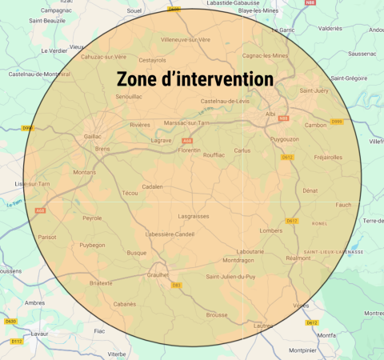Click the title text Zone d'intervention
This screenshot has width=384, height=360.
(x=195, y=80)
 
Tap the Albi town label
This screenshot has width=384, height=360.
(x=270, y=114)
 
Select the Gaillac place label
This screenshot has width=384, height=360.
(x=93, y=137)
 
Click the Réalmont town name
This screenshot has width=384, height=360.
(x=298, y=258)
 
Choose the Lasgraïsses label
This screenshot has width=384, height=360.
(x=194, y=216)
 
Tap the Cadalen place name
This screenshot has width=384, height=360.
(x=152, y=186)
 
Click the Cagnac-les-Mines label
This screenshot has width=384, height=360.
(x=265, y=56)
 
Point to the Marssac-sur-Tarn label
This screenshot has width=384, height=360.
(x=186, y=122)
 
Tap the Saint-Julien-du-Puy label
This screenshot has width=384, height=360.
(x=232, y=277)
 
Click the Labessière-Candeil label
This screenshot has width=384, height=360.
(x=170, y=234)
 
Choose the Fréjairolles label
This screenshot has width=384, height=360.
(x=328, y=157)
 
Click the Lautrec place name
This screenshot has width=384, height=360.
(x=264, y=326)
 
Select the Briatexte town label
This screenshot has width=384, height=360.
(x=101, y=282)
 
